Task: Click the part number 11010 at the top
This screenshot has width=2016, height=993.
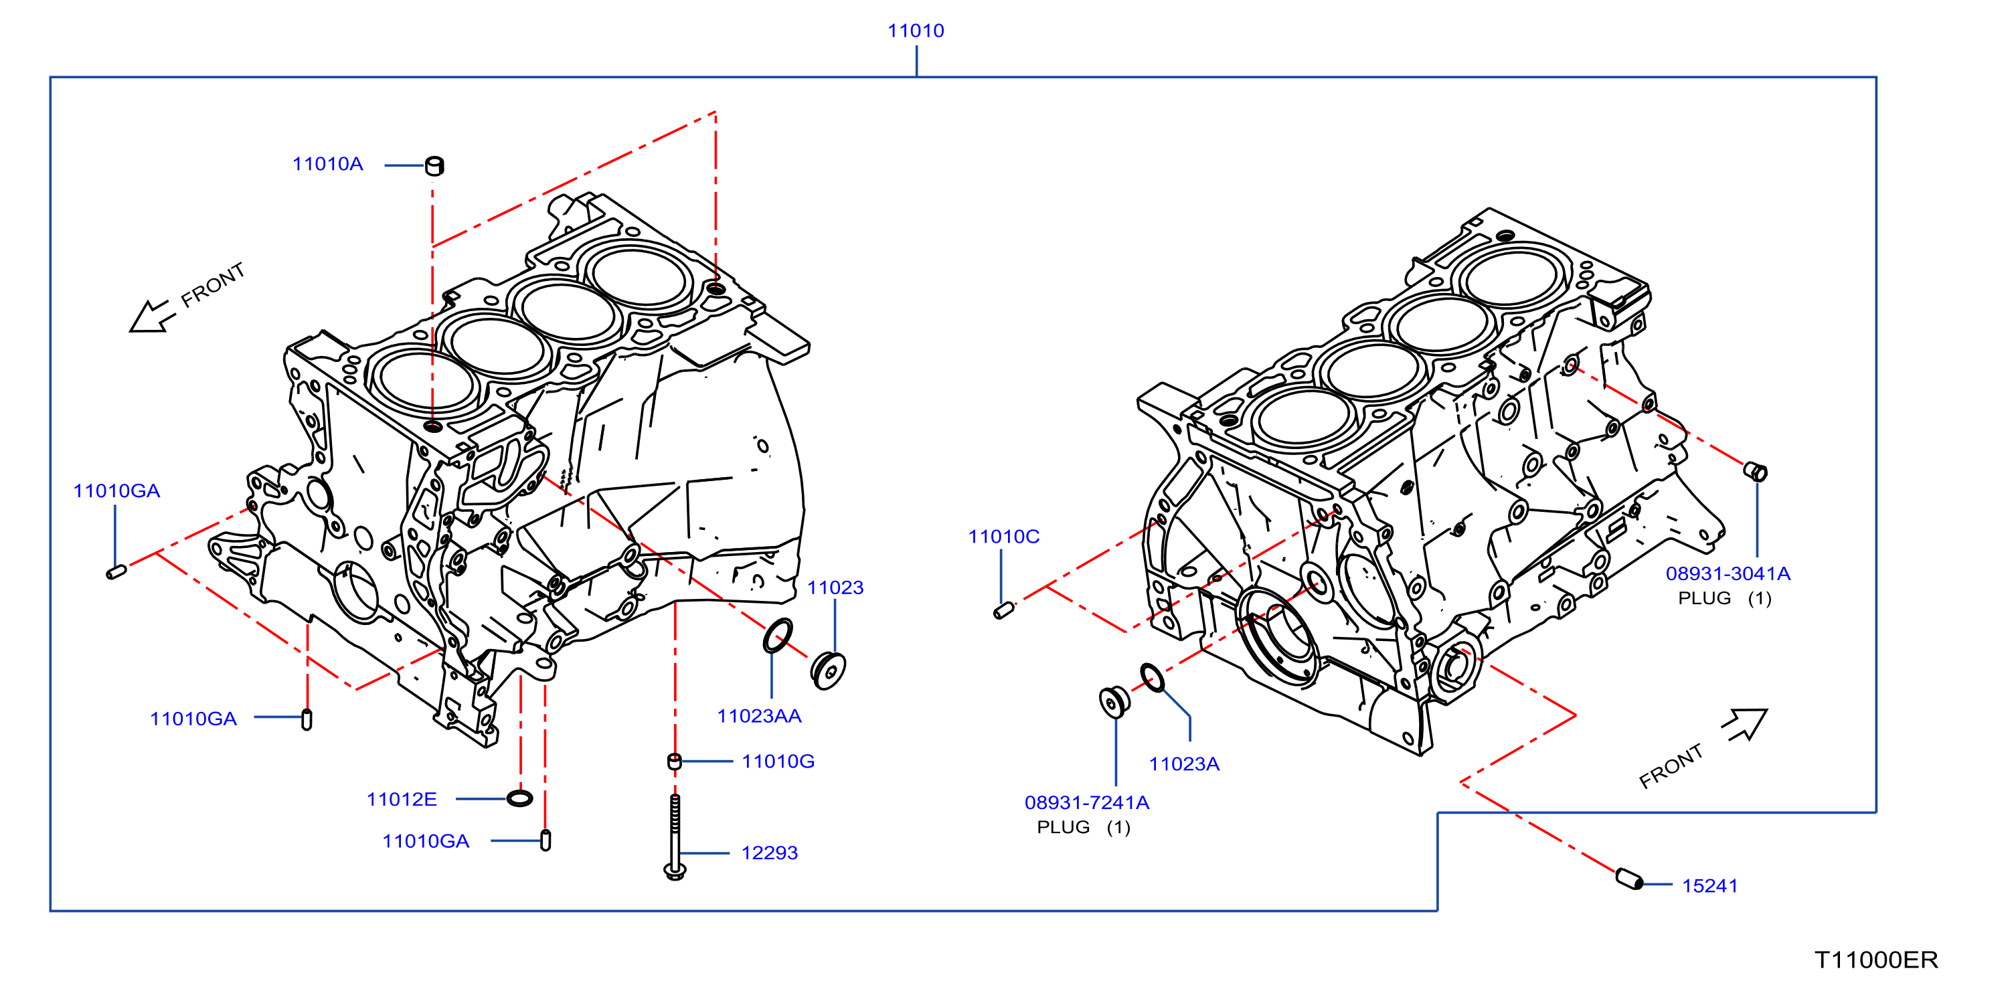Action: [x=916, y=31]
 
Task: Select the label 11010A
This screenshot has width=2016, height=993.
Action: [x=327, y=163]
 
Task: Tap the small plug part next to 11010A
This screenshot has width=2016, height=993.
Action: [x=434, y=166]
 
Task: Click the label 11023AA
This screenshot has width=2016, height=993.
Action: [x=759, y=715]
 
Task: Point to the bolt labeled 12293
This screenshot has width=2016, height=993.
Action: [x=675, y=836]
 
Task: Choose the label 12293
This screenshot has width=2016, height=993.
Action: [x=769, y=852]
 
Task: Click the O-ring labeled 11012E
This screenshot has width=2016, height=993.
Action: [x=519, y=798]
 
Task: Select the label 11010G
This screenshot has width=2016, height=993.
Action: [x=778, y=761]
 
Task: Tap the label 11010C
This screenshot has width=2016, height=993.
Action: [x=1003, y=536]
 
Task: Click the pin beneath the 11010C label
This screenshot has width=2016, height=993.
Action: [x=1003, y=610]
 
